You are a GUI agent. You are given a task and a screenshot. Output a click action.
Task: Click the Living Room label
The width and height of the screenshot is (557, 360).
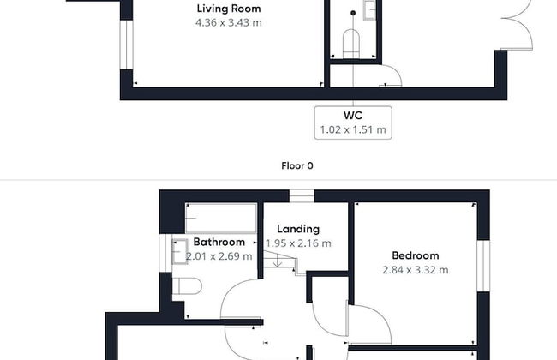click(229, 9)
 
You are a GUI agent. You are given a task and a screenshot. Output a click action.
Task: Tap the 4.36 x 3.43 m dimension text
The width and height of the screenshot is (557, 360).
click(229, 23)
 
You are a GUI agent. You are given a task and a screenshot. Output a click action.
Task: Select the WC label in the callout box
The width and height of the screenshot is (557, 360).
click(353, 115)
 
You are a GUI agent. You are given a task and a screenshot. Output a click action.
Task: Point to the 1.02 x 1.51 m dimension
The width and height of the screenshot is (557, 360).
click(353, 129)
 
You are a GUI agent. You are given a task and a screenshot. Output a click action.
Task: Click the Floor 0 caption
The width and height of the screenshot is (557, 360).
click(297, 165)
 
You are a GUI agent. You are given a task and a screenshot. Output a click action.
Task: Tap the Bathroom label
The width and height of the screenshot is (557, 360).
click(219, 242)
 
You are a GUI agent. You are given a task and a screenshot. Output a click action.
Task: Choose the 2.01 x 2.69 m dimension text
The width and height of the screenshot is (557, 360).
click(219, 256)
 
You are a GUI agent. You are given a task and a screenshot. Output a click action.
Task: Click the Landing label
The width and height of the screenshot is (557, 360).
click(298, 229)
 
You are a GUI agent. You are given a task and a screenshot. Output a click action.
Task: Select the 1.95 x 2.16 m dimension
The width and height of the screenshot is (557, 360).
click(298, 243)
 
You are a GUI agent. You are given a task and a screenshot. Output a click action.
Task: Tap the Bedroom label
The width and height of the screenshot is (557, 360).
click(416, 255)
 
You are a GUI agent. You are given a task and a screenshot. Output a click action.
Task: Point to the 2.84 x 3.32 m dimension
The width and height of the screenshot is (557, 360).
click(416, 270)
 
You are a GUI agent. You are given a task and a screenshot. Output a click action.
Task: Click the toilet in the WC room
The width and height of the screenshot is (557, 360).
click(351, 44)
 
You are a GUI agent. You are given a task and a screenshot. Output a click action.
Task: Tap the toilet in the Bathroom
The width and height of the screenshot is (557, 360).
click(187, 286)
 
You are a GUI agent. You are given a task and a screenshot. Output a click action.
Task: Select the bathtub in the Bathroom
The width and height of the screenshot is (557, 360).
click(221, 218)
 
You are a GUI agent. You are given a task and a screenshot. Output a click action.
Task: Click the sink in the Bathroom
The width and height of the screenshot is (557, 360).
click(180, 252)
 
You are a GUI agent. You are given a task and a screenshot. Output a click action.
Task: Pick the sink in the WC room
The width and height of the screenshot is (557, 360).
click(369, 10)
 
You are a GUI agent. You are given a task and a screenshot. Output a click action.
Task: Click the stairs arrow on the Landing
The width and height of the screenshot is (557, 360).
click(277, 262)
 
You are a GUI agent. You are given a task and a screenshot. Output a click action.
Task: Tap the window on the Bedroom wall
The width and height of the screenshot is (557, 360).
click(483, 266)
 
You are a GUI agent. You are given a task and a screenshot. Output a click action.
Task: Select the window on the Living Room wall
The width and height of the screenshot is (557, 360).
click(126, 45)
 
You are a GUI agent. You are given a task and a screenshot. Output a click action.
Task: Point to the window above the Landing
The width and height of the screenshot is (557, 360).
click(302, 195)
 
